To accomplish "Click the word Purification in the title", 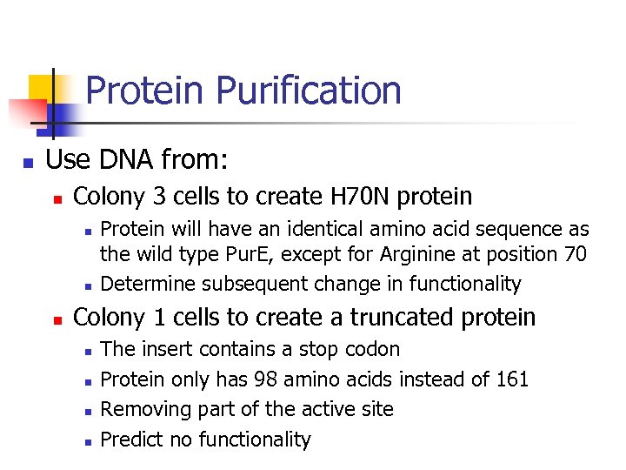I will (x=309, y=91).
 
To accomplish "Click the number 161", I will (x=512, y=379).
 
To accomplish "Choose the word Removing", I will (x=142, y=409).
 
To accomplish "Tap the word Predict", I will (x=133, y=440).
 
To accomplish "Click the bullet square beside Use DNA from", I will (x=29, y=162).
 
